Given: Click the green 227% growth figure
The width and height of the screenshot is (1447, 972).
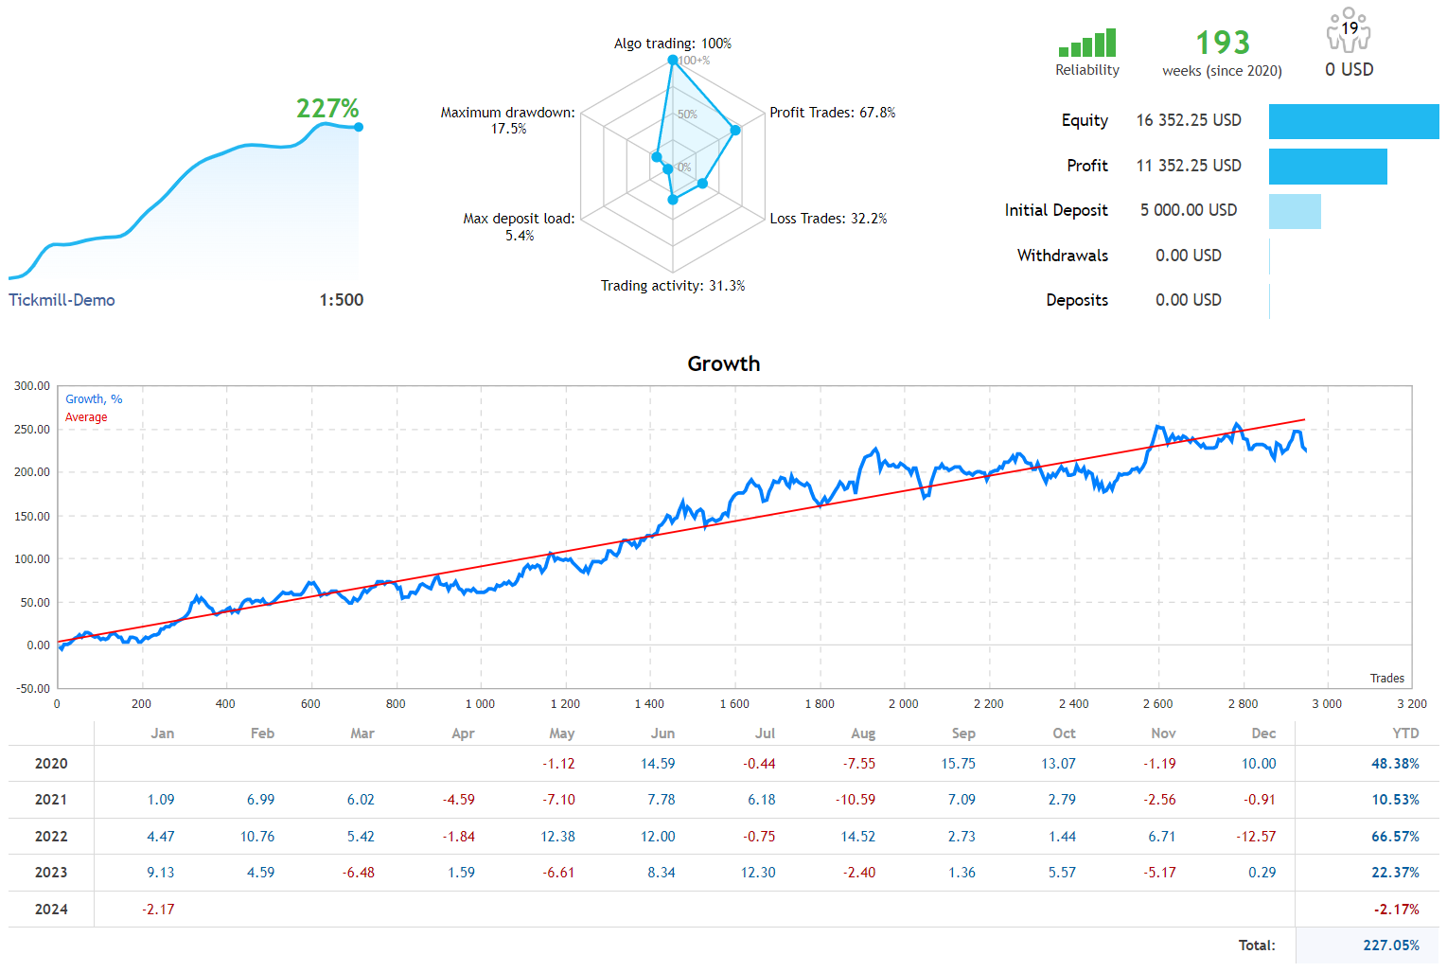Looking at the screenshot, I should click(x=327, y=109).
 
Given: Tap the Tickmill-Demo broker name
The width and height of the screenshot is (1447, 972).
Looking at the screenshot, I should click(x=62, y=300).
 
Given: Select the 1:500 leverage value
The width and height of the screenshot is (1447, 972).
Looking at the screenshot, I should click(x=341, y=300).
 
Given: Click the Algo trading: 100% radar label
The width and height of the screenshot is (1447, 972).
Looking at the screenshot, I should click(x=672, y=44).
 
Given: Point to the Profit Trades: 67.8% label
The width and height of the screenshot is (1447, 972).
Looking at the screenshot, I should click(x=832, y=113).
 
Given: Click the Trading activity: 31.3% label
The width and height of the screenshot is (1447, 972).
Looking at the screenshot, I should click(x=672, y=286).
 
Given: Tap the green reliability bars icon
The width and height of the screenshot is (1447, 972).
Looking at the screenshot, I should click(x=1087, y=44).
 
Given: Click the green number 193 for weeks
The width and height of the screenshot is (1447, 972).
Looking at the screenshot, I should click(x=1222, y=43).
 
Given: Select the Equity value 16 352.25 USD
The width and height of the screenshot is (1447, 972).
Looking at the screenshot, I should click(x=1188, y=120).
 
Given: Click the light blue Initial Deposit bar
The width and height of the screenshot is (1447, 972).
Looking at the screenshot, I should click(x=1294, y=211).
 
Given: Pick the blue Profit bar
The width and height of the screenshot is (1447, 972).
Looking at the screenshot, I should click(x=1327, y=167).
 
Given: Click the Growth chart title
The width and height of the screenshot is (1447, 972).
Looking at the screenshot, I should click(x=723, y=363).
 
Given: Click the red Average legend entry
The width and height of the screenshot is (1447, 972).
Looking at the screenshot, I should click(x=86, y=417).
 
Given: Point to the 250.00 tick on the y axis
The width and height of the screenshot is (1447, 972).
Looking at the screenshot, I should click(x=32, y=430).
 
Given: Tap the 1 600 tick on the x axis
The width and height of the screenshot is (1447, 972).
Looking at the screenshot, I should click(x=734, y=704).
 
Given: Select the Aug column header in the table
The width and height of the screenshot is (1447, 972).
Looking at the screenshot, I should click(x=862, y=733).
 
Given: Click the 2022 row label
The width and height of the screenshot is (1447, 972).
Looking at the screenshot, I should click(x=51, y=837).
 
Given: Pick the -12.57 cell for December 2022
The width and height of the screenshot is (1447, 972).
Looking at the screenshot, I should click(x=1256, y=837).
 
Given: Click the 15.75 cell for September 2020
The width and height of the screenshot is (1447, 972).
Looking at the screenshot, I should click(x=958, y=764).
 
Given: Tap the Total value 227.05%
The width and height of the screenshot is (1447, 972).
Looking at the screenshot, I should click(x=1390, y=945).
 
